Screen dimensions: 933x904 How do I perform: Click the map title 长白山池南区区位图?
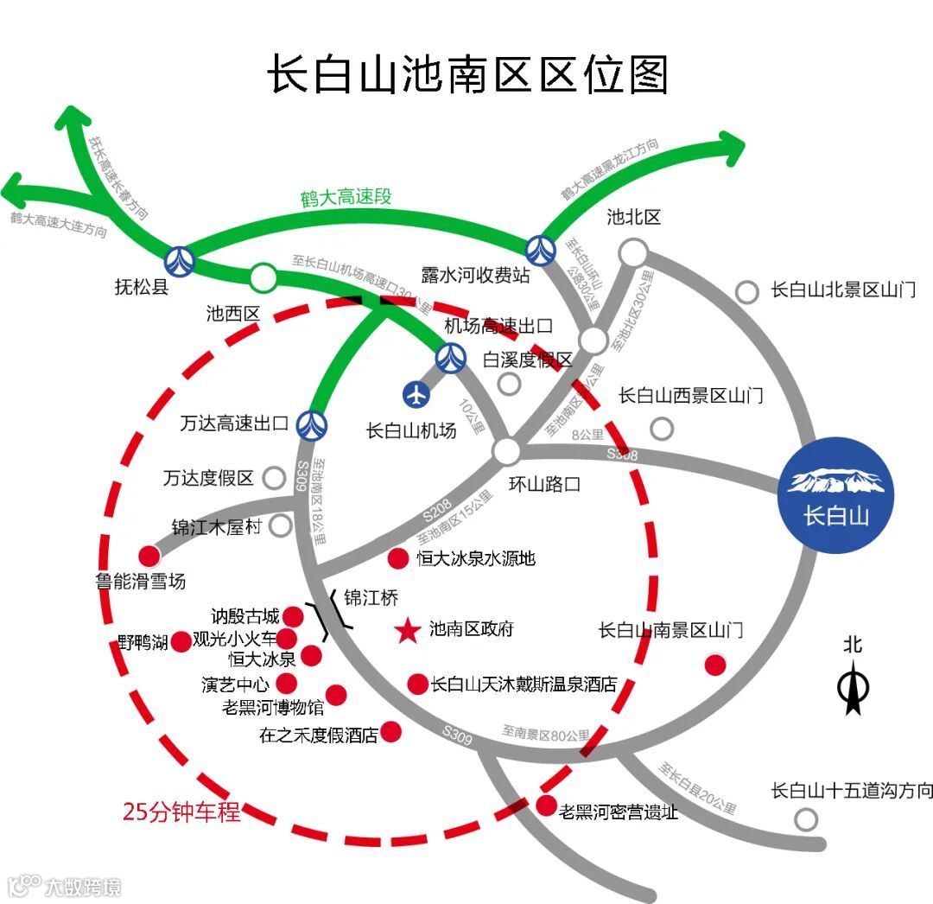pyautogui.click(x=467, y=74)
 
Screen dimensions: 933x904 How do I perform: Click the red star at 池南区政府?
pyautogui.click(x=406, y=631)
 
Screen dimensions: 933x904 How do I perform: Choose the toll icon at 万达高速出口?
pyautogui.click(x=311, y=423)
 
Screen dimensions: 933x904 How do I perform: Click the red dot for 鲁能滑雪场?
pyautogui.click(x=149, y=556)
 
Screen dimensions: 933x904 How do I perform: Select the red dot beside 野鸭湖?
pyautogui.click(x=181, y=641)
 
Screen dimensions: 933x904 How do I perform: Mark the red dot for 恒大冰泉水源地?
pyautogui.click(x=398, y=558)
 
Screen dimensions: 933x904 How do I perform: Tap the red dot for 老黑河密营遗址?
pyautogui.click(x=547, y=805)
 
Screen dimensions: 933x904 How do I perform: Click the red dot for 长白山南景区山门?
pyautogui.click(x=715, y=665)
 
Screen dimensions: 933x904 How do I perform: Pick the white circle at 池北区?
pyautogui.click(x=633, y=253)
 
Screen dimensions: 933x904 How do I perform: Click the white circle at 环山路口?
pyautogui.click(x=507, y=450)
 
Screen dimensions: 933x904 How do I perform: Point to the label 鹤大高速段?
pyautogui.click(x=346, y=197)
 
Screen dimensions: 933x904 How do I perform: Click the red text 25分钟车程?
pyautogui.click(x=181, y=812)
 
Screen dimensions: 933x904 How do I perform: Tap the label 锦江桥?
pyautogui.click(x=371, y=597)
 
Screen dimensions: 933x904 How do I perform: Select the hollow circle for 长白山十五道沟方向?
pyautogui.click(x=806, y=818)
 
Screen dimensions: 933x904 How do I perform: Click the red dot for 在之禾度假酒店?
pyautogui.click(x=391, y=732)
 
